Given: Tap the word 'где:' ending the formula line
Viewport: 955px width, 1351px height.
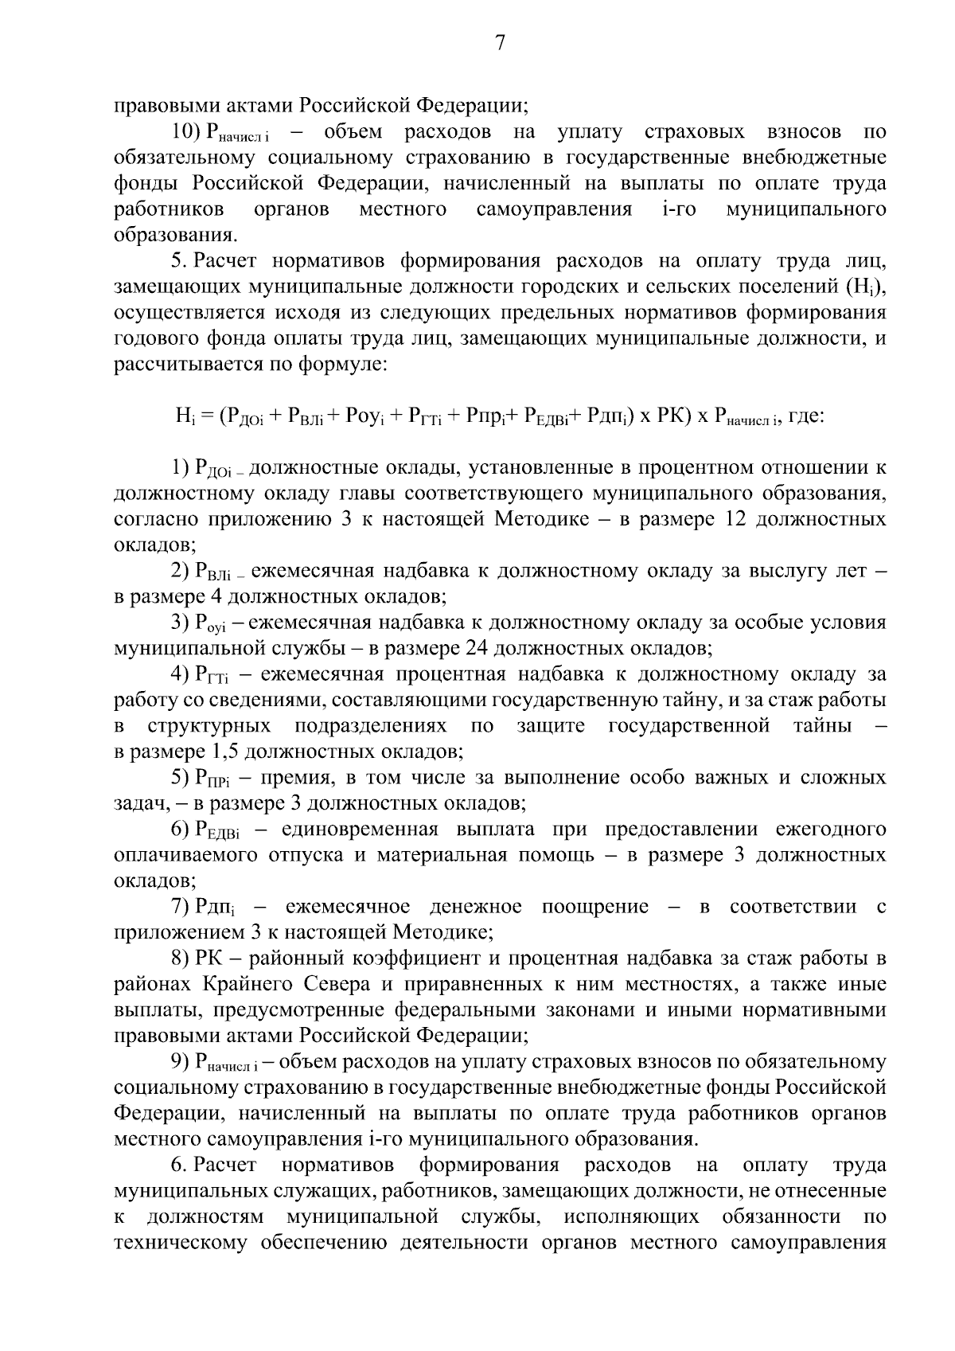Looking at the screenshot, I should tap(805, 416).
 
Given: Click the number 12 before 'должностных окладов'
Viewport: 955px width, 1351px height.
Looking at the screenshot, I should tap(735, 520).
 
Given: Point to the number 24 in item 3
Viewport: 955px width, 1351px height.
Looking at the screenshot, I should tap(470, 648).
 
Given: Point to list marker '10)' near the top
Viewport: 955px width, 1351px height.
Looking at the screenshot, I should tap(188, 131).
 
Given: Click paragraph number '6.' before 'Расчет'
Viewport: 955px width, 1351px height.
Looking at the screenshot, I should tap(180, 1166).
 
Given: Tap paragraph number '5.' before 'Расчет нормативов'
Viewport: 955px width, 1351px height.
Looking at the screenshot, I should tap(180, 261).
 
